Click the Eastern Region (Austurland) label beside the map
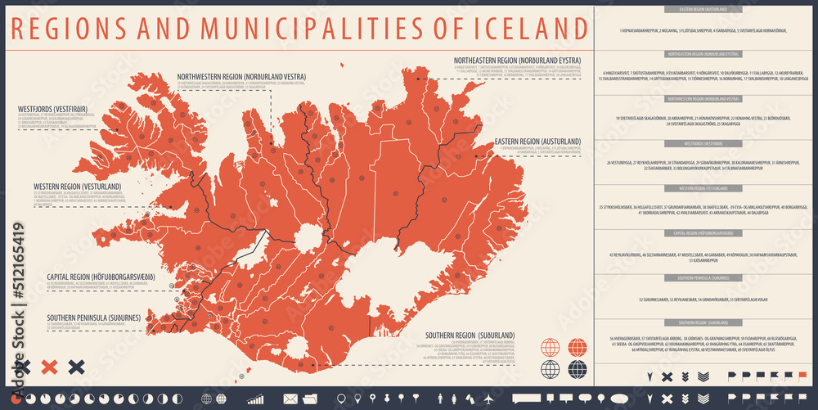coord(537,141)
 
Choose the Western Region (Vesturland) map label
coord(78,186)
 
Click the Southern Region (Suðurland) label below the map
coord(469,335)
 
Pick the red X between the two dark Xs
coord(49,367)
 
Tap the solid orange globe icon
coord(578,347)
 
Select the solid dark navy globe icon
coord(578,369)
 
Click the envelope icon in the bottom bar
coord(290,399)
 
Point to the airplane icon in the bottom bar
coord(489,399)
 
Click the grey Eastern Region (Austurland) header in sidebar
coord(703,10)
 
